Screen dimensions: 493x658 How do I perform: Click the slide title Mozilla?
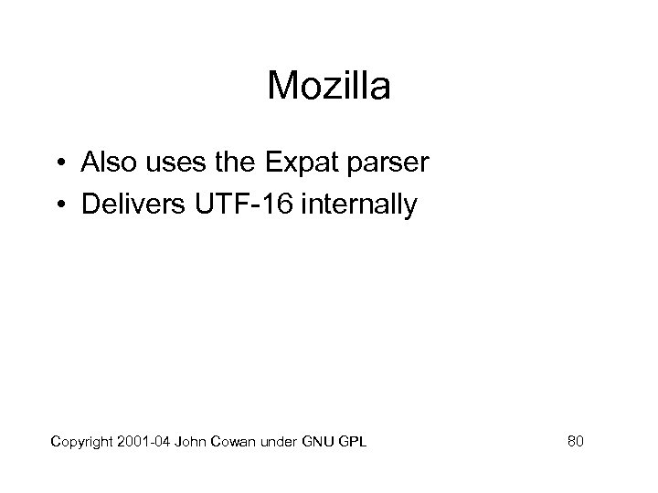pyautogui.click(x=329, y=88)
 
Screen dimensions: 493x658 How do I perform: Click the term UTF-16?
pyautogui.click(x=240, y=204)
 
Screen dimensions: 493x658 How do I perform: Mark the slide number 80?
pyautogui.click(x=575, y=442)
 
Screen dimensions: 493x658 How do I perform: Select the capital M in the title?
pyautogui.click(x=280, y=88)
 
